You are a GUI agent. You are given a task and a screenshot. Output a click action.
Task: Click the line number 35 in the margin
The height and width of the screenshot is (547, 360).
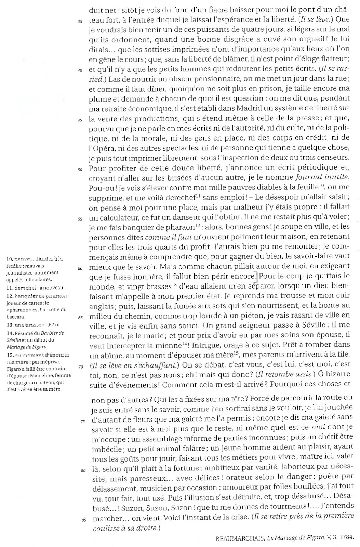tap(80, 21)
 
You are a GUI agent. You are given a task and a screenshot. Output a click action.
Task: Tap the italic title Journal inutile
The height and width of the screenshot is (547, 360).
tap(323, 178)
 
